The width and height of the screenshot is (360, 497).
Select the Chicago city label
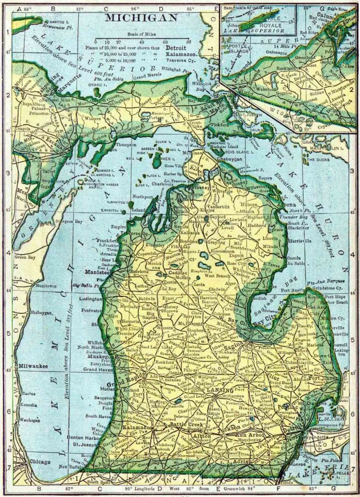[39, 462]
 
